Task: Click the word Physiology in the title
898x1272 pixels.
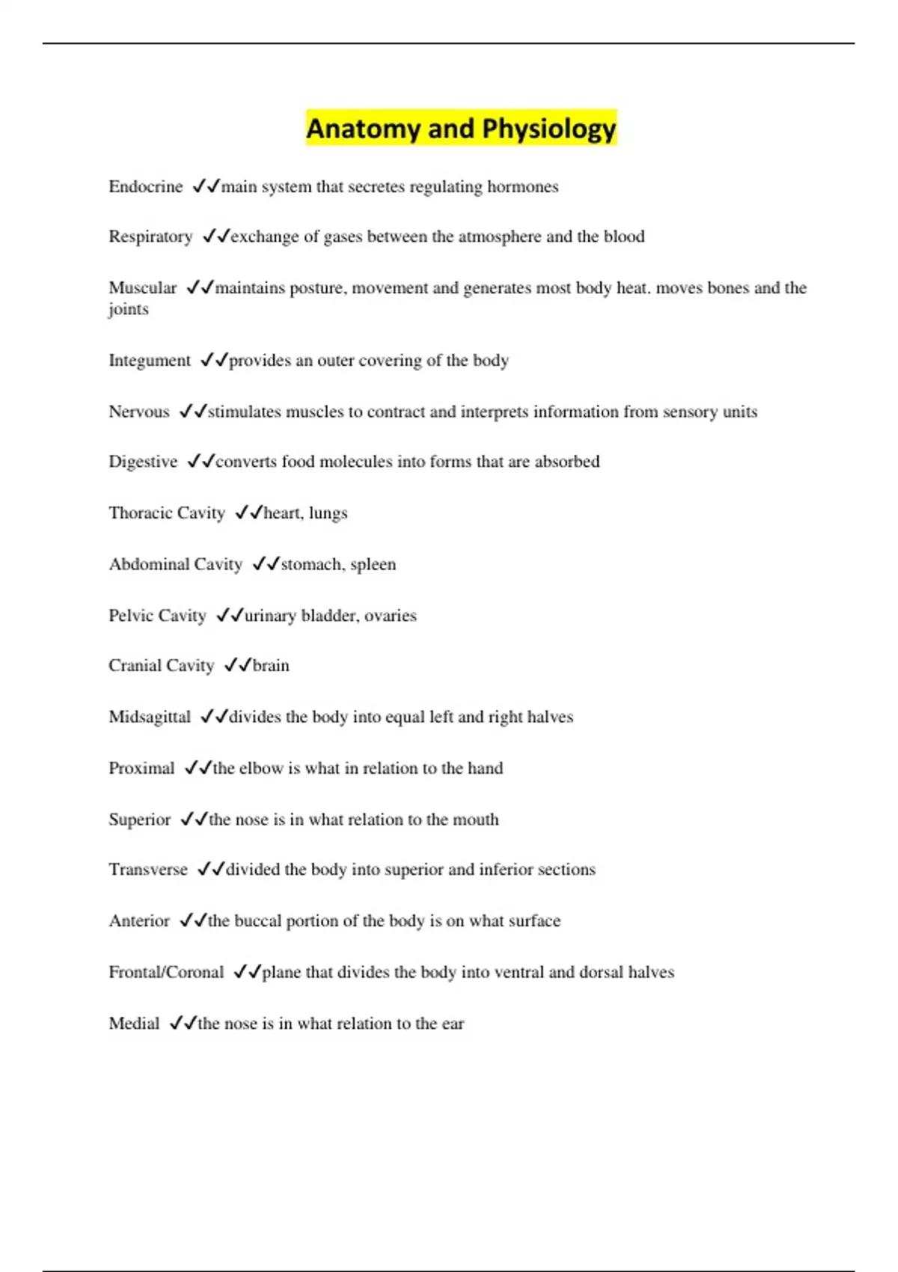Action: pyautogui.click(x=549, y=129)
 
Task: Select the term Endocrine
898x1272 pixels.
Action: pyautogui.click(x=145, y=186)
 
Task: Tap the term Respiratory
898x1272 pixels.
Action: pyautogui.click(x=150, y=236)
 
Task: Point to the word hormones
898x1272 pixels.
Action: pyautogui.click(x=522, y=186)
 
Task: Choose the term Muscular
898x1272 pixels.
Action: pyautogui.click(x=142, y=288)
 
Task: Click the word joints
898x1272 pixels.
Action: pyautogui.click(x=128, y=309)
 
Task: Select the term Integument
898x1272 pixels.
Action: pyautogui.click(x=150, y=361)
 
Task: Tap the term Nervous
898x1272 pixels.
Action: pyautogui.click(x=138, y=412)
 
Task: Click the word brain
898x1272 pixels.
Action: pyautogui.click(x=271, y=666)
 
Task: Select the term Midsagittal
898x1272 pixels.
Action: pyautogui.click(x=150, y=717)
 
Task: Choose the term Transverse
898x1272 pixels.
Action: pyautogui.click(x=148, y=869)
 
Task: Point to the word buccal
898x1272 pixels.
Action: pyautogui.click(x=259, y=921)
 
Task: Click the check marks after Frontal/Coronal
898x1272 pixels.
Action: pyautogui.click(x=247, y=972)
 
